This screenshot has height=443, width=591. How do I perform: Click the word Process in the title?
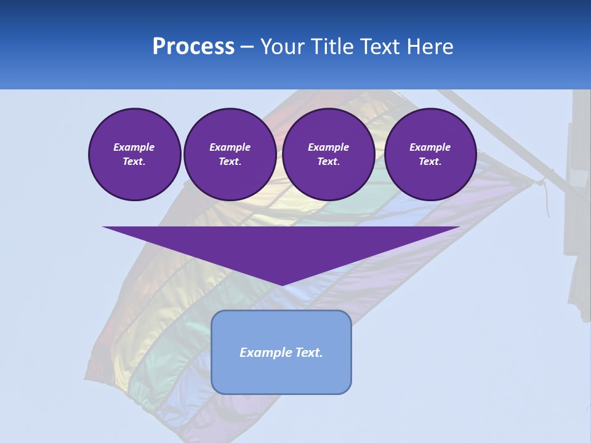pyautogui.click(x=193, y=47)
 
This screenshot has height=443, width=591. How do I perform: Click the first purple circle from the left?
pyautogui.click(x=134, y=154)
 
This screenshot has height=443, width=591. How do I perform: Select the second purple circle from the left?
pyautogui.click(x=230, y=154)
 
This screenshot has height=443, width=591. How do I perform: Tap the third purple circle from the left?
pyautogui.click(x=328, y=154)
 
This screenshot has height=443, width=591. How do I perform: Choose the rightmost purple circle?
pyautogui.click(x=430, y=154)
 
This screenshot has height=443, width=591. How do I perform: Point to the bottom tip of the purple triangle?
pyautogui.click(x=281, y=284)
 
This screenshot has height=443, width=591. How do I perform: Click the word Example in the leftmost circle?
pyautogui.click(x=134, y=147)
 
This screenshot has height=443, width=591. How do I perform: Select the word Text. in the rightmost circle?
pyautogui.click(x=430, y=162)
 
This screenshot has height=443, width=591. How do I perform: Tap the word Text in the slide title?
pyautogui.click(x=380, y=47)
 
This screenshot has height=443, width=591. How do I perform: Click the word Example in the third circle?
pyautogui.click(x=328, y=147)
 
